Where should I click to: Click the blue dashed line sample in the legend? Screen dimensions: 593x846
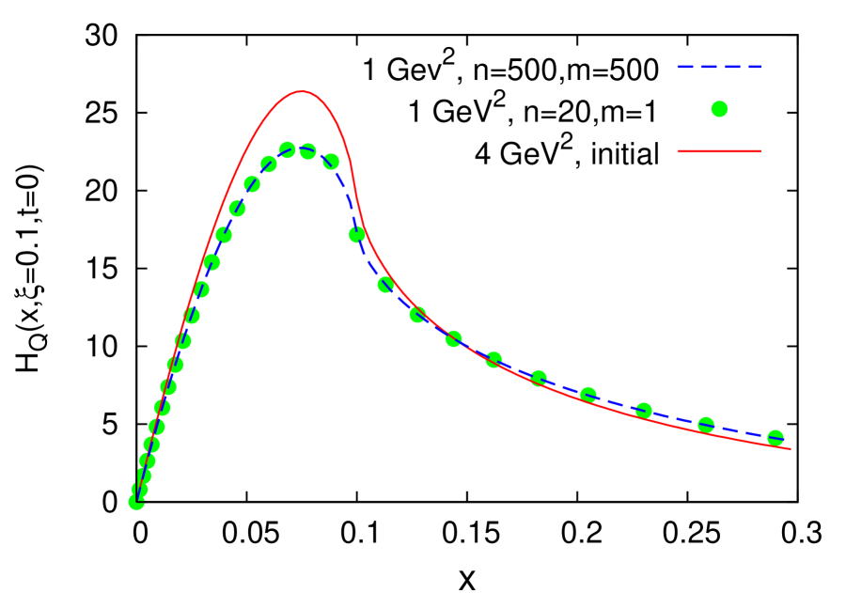(x=718, y=68)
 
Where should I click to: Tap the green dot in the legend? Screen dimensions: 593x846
(x=719, y=109)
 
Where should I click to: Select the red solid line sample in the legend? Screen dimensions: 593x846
(x=718, y=151)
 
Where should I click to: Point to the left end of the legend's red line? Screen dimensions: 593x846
(x=679, y=151)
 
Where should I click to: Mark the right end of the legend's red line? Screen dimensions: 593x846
(x=760, y=151)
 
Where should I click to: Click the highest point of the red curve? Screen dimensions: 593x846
(x=301, y=92)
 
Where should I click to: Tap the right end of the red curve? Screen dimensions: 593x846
(x=790, y=449)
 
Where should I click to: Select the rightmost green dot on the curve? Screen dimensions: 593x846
(x=775, y=438)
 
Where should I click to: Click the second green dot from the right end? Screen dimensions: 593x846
(x=706, y=425)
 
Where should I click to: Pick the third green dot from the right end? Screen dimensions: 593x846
(x=644, y=411)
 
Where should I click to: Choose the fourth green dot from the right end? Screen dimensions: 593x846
(x=588, y=395)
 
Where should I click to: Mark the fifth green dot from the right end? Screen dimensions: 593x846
(x=539, y=378)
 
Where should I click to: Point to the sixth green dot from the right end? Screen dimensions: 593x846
(x=493, y=360)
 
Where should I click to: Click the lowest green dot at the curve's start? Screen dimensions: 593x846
(x=136, y=502)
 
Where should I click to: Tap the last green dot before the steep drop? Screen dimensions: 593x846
(x=331, y=162)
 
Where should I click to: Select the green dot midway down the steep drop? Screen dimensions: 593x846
(x=357, y=235)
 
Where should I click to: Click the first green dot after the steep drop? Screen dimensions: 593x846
(x=385, y=285)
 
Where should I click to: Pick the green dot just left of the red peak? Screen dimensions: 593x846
(x=288, y=150)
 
